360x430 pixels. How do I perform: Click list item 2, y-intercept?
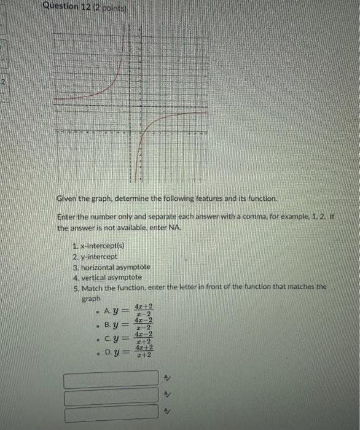point(92,257)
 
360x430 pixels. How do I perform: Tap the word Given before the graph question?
point(68,199)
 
